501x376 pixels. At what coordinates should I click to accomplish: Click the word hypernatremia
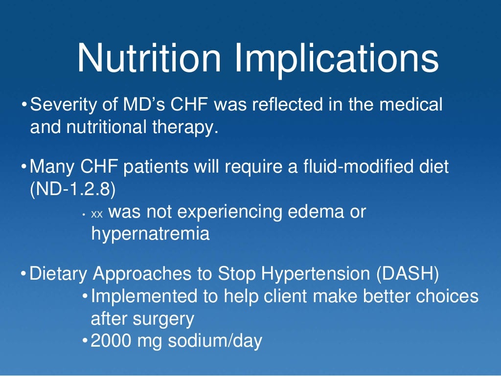(150, 234)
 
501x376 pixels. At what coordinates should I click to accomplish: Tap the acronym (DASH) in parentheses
(408, 274)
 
